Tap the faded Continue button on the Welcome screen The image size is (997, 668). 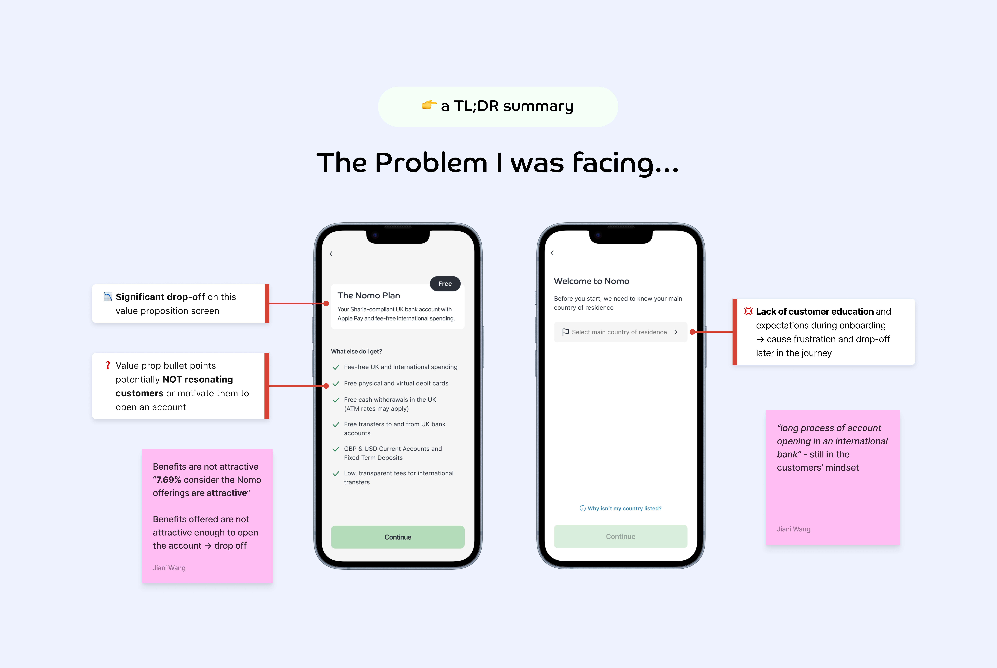click(620, 536)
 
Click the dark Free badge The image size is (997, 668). click(445, 284)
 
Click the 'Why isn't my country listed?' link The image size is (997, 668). click(624, 508)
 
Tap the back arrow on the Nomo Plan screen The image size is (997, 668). click(331, 254)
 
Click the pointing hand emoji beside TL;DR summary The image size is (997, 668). click(429, 105)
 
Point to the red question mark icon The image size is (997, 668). click(108, 366)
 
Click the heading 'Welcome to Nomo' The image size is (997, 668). click(591, 281)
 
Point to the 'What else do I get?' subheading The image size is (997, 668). click(356, 351)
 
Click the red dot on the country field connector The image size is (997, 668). click(692, 332)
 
